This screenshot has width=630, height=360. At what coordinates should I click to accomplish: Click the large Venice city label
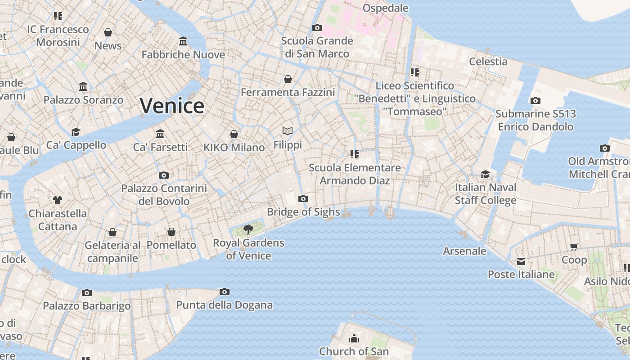[x=172, y=106]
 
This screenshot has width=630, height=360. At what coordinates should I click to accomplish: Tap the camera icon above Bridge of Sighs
[x=303, y=198]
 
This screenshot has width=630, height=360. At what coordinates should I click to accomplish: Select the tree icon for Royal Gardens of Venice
[x=248, y=229]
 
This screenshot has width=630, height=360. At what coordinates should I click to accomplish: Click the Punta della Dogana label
[x=224, y=305]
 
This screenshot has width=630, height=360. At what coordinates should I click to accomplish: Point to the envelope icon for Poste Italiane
[x=521, y=261]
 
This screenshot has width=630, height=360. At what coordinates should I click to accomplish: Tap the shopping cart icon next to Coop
[x=574, y=247]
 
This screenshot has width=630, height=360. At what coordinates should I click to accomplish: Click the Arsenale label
[x=464, y=251]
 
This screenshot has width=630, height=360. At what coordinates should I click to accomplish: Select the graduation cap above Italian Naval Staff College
[x=485, y=174]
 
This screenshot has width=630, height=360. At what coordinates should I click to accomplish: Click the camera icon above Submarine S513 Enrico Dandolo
[x=535, y=100]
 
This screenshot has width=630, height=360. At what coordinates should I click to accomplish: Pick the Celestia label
[x=488, y=62]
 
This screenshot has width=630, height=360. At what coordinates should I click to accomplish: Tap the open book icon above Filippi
[x=288, y=131]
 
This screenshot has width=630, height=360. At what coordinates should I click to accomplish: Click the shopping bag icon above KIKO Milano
[x=234, y=134]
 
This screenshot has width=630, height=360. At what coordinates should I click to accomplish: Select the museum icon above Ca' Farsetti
[x=160, y=134]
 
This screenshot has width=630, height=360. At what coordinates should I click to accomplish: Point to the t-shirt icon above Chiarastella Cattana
[x=57, y=200]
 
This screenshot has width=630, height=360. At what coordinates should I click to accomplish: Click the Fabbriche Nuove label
[x=183, y=55]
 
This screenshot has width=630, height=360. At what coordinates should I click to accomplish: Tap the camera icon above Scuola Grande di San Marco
[x=317, y=27]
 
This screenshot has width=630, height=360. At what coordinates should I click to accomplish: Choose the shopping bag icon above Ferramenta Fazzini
[x=288, y=79]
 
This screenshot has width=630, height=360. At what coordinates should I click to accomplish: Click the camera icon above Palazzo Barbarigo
[x=87, y=292]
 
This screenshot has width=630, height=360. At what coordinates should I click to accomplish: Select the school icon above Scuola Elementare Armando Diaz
[x=354, y=154]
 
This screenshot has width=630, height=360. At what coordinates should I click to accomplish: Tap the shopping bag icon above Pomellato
[x=171, y=232]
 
